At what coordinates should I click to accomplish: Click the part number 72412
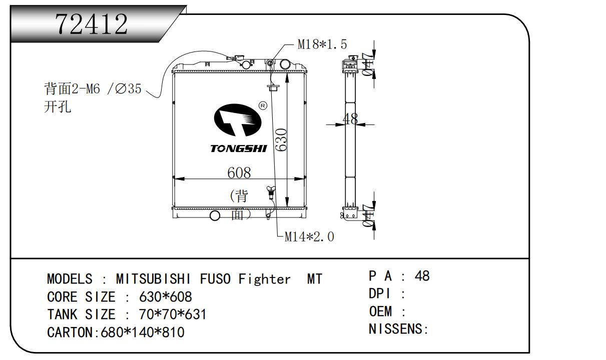pyautogui.click(x=92, y=23)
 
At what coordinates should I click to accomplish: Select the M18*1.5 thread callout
pyautogui.click(x=322, y=44)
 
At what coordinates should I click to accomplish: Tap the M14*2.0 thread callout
pyautogui.click(x=309, y=236)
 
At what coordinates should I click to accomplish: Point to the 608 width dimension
pyautogui.click(x=239, y=172)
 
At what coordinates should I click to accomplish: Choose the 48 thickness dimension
pyautogui.click(x=351, y=118)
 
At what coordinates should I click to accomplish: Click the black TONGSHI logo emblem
pyautogui.click(x=237, y=122)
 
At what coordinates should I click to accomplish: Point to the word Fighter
pyautogui.click(x=264, y=278)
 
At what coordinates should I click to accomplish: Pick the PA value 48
pyautogui.click(x=422, y=276)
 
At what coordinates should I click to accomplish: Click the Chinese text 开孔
pyautogui.click(x=58, y=107)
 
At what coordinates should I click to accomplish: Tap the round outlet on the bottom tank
pyautogui.click(x=215, y=215)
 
